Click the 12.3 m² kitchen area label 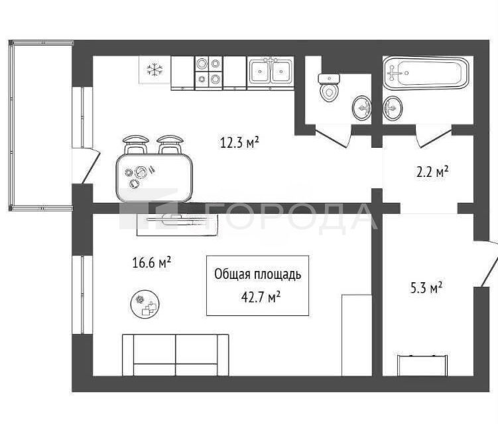[239, 142]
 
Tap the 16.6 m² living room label [151, 262]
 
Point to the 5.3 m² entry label [426, 288]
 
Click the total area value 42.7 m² [261, 297]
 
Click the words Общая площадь [257, 274]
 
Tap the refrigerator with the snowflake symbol [155, 70]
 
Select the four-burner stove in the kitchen [208, 73]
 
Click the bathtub [426, 73]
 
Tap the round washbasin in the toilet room [362, 107]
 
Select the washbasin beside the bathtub [393, 108]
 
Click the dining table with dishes [154, 178]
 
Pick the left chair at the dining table [136, 144]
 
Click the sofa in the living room [175, 355]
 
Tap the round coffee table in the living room [145, 304]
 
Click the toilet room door [333, 136]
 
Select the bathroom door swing [434, 136]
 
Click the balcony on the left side [40, 126]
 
